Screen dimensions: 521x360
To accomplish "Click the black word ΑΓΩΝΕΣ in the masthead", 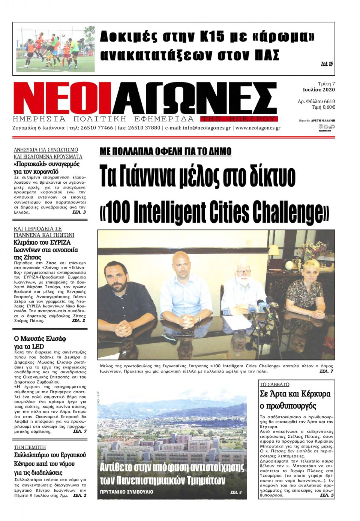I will (195, 99).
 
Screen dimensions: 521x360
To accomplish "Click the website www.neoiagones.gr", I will (258, 128).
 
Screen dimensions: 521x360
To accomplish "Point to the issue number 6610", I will (329, 101).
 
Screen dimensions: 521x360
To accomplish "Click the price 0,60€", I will (328, 107).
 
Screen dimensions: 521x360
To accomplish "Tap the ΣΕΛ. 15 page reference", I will (327, 64).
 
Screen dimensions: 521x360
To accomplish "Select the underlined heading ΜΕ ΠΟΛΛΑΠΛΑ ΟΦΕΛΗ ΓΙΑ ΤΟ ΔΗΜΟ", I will (165, 151).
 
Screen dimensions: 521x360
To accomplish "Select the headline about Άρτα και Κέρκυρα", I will (295, 400).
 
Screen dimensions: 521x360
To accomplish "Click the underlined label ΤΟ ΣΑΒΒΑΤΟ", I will (274, 384).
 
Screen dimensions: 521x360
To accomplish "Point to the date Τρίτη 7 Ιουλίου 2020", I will (319, 87).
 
